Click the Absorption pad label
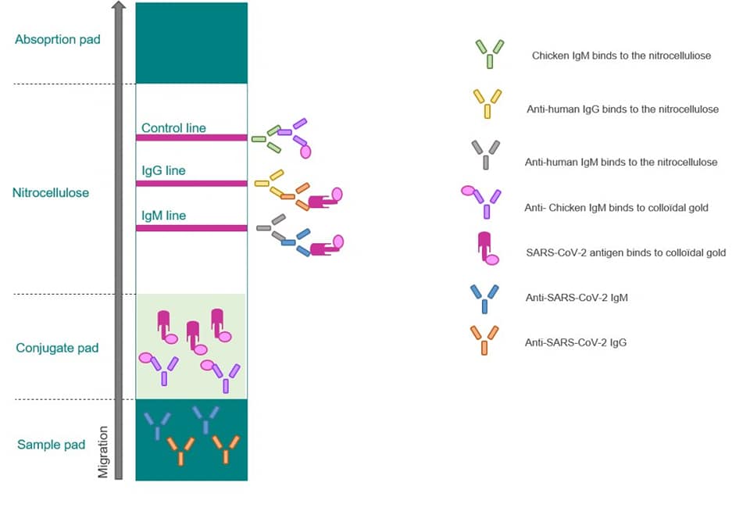click(x=58, y=39)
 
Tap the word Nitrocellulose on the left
click(x=51, y=192)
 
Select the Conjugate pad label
click(x=57, y=348)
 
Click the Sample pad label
click(x=51, y=445)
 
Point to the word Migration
click(x=102, y=451)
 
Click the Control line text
click(x=173, y=127)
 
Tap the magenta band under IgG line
click(x=191, y=184)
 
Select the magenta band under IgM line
click(x=191, y=228)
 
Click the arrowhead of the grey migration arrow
click(x=118, y=6)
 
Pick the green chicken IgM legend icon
click(x=490, y=54)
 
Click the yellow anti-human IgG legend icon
click(x=487, y=104)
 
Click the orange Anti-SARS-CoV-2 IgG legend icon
click(x=484, y=341)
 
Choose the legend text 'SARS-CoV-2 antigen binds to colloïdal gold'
click(x=627, y=252)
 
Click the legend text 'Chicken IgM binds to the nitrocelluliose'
click(x=621, y=56)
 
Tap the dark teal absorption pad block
click(x=191, y=43)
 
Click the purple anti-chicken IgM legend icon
click(x=483, y=202)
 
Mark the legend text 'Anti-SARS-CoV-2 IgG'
click(x=577, y=342)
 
